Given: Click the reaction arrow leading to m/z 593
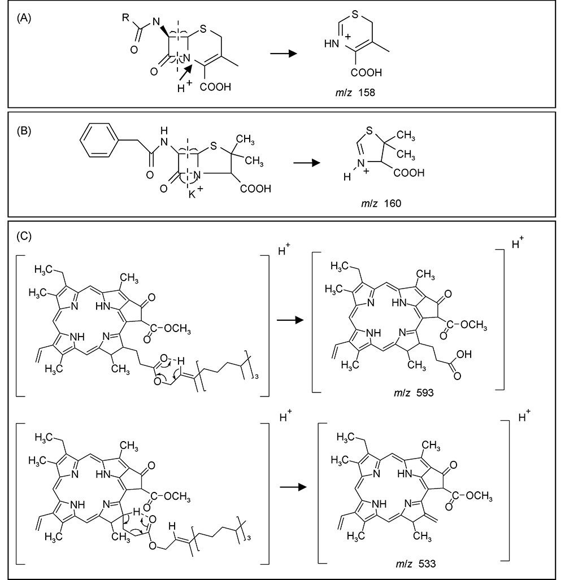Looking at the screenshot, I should tap(289, 321).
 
